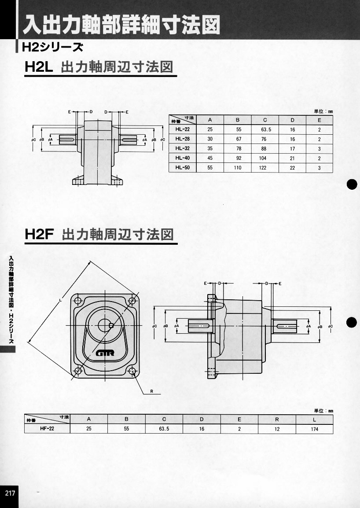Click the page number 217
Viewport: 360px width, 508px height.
[x=10, y=493]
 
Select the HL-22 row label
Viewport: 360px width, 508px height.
[x=182, y=130]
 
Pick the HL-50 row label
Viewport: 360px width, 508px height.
[x=182, y=167]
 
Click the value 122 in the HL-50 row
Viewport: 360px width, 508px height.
[x=264, y=168]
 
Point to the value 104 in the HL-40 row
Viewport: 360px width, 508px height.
[x=264, y=158]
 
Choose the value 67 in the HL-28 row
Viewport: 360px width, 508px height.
[x=237, y=139]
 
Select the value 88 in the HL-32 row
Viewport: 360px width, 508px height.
[x=264, y=149]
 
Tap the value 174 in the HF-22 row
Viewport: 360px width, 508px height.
[x=314, y=428]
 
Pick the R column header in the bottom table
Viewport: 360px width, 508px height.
[x=276, y=419]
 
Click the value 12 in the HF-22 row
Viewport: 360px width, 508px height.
[x=276, y=428]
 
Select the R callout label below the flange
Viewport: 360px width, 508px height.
[x=151, y=391]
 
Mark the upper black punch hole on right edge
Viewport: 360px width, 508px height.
[x=351, y=185]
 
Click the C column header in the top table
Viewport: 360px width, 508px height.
[x=264, y=120]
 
